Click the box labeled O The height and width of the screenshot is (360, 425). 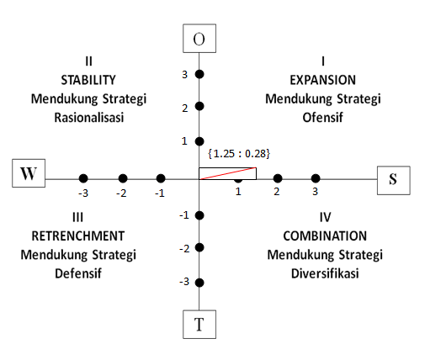[x=199, y=40]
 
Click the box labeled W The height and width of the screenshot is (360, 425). [x=29, y=174]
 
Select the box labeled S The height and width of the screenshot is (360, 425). [x=392, y=180]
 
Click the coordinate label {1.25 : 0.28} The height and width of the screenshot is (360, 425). [x=238, y=154]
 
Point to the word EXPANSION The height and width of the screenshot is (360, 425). [x=323, y=80]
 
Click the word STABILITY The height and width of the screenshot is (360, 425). [x=88, y=80]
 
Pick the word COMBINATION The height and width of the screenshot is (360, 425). [x=325, y=235]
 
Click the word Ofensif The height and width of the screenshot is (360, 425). [x=323, y=118]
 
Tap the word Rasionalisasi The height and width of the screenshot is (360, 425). [x=88, y=118]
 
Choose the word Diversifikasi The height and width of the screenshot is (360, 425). [x=325, y=273]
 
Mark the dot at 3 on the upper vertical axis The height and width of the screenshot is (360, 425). [x=199, y=75]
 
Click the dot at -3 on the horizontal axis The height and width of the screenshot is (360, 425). [x=83, y=178]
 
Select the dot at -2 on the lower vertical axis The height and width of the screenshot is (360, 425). [x=199, y=248]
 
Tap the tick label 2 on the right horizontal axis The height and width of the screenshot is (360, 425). [x=276, y=192]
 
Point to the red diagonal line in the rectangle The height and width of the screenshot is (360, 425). [x=227, y=174]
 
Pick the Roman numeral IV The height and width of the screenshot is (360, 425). [x=325, y=216]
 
